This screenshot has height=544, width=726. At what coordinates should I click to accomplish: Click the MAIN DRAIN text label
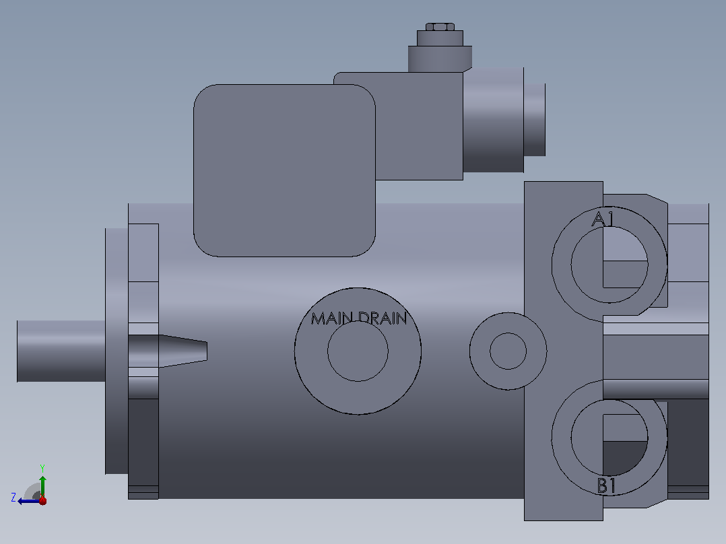point(359,318)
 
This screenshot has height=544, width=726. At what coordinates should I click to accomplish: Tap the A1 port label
point(603,219)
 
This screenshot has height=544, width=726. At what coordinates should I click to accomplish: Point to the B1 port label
point(607,485)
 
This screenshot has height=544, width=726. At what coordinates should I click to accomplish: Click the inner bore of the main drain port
point(358,351)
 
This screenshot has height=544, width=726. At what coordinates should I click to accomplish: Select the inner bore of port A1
point(609,265)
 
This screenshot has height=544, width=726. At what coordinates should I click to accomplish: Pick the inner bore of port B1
point(609,438)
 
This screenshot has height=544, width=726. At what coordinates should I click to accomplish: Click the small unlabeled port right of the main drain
point(508,351)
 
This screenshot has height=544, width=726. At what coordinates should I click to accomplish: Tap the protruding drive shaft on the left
point(61,351)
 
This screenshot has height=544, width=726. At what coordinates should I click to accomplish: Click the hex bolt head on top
point(440,27)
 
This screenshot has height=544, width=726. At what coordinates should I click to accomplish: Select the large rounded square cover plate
point(284,170)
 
